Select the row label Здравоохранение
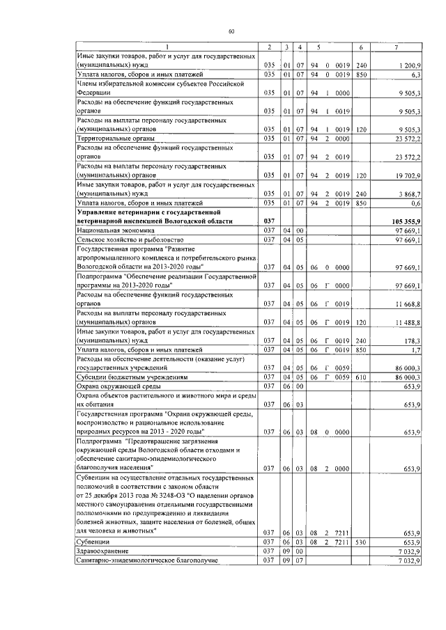click(x=102, y=551)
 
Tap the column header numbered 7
click(x=395, y=47)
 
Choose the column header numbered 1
click(x=166, y=47)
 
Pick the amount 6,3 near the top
click(x=415, y=73)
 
